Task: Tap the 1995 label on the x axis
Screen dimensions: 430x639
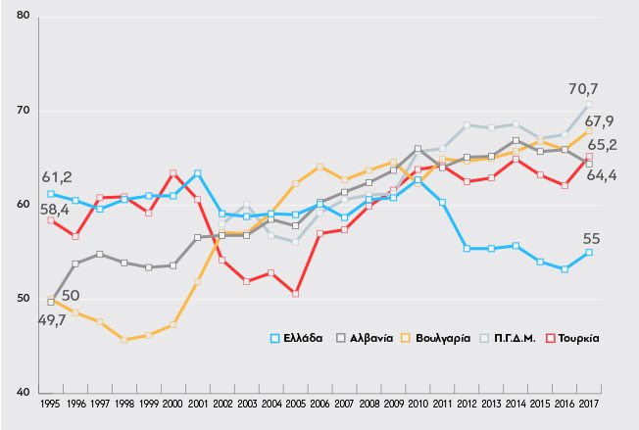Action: point(50,402)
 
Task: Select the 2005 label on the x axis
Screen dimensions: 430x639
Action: point(295,402)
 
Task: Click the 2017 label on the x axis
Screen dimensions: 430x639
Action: point(589,402)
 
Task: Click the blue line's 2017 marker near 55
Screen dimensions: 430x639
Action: point(589,252)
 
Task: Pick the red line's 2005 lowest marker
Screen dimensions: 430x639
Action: point(295,293)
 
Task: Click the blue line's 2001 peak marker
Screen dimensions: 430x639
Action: point(197,173)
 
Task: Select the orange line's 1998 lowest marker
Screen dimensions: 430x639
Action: point(123,340)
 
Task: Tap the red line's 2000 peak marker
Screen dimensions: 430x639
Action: point(172,173)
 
